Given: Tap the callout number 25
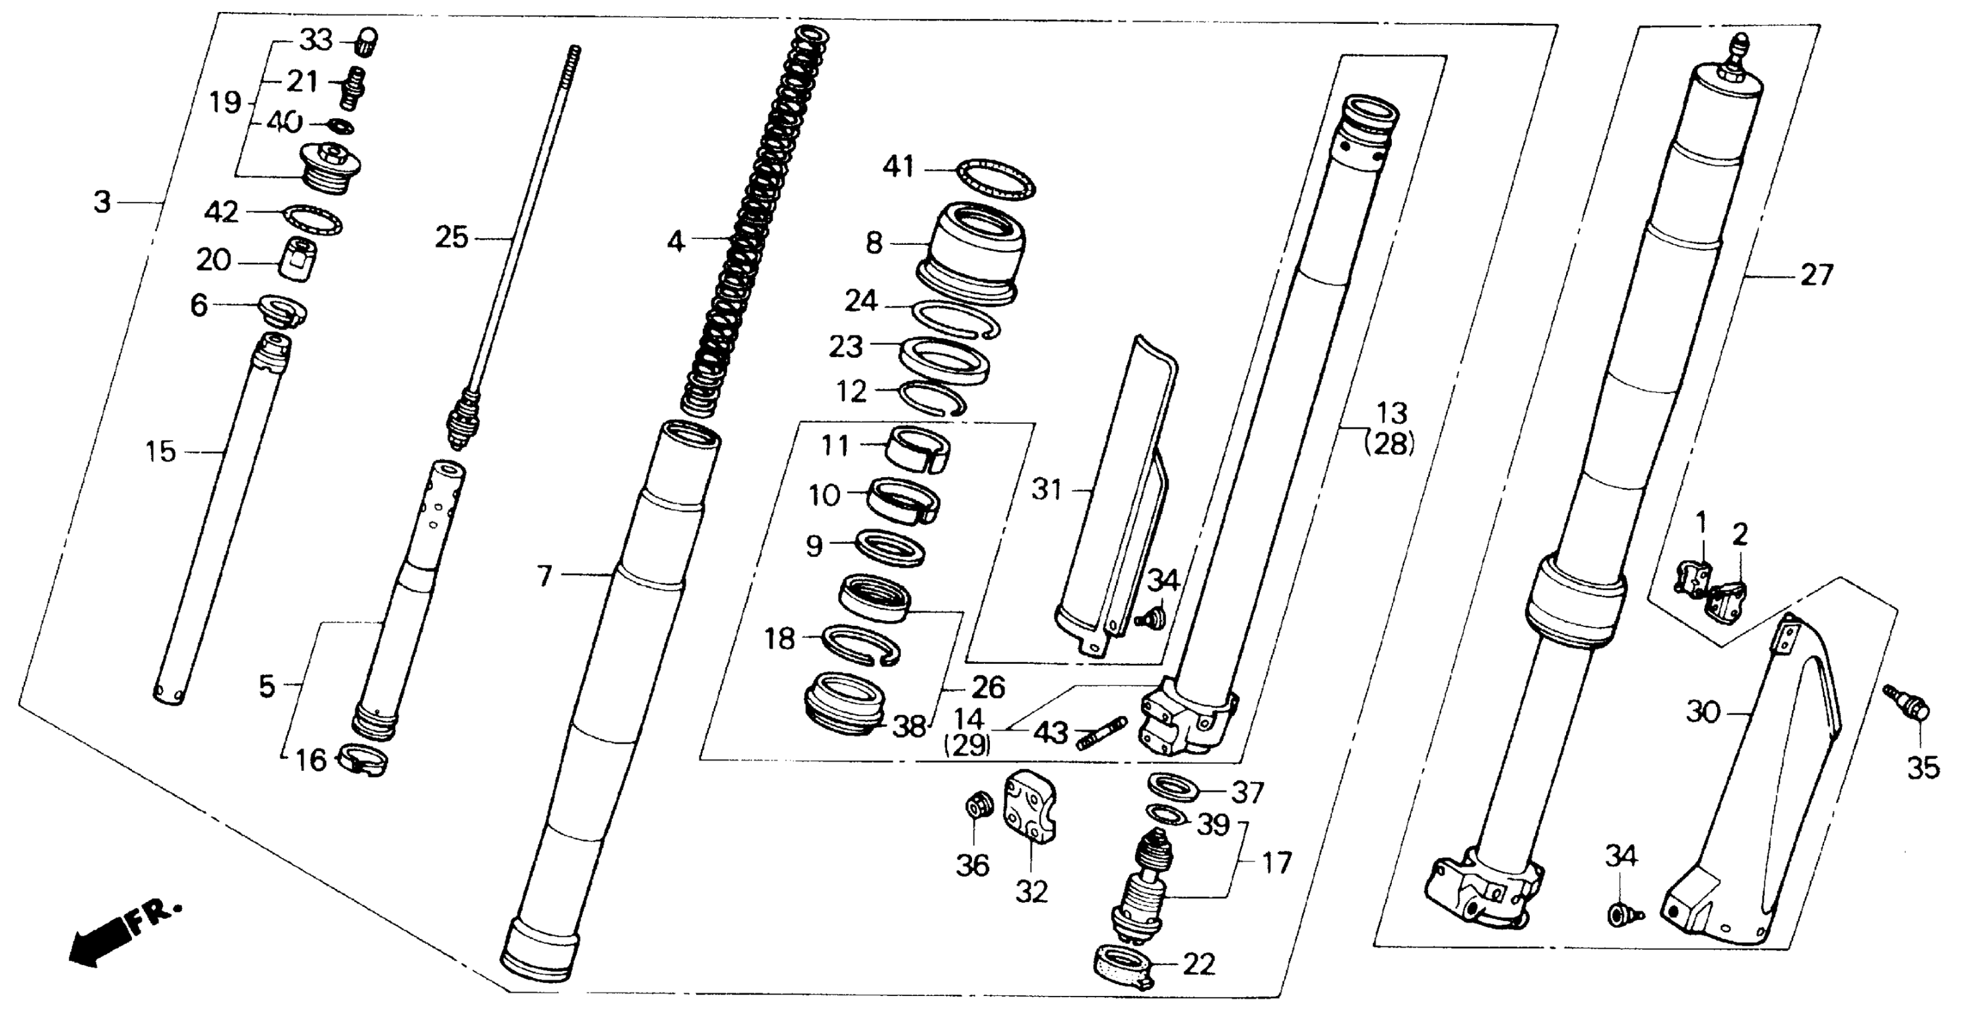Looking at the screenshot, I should point(451,238).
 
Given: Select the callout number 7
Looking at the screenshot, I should point(544,576).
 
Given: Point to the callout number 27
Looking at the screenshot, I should point(1816,275).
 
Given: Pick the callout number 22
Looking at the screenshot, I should point(1199,965).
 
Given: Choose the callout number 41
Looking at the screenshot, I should point(898,167).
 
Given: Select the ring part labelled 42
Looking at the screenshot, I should point(312,219).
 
